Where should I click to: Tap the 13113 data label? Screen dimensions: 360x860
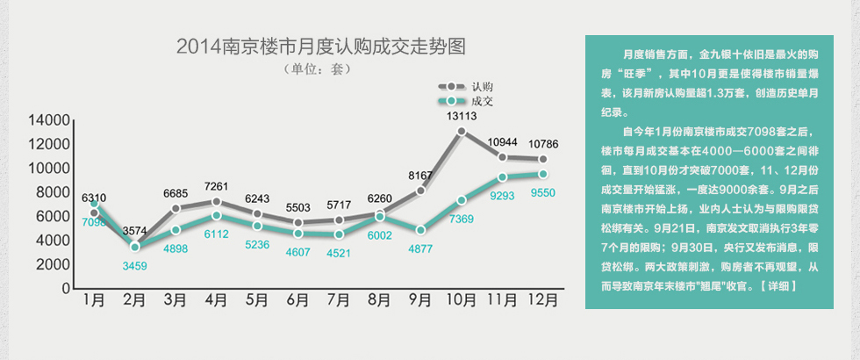click(461, 116)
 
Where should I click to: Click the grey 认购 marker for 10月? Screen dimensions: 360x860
click(462, 132)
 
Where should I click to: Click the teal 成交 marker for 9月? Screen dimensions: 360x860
click(420, 230)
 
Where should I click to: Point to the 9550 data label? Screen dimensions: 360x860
click(544, 191)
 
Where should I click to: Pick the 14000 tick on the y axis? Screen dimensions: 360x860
click(48, 120)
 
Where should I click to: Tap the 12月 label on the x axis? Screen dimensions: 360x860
click(543, 300)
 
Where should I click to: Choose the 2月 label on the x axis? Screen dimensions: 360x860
click(134, 300)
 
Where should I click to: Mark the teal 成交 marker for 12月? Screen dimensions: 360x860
click(543, 174)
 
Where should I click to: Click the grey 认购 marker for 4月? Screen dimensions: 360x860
click(216, 202)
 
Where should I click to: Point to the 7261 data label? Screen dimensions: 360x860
click(216, 186)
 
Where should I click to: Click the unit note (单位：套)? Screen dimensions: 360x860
click(319, 68)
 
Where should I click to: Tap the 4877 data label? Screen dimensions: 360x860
click(420, 248)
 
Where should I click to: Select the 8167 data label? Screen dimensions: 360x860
click(420, 176)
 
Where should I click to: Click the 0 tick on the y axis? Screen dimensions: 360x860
click(64, 288)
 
